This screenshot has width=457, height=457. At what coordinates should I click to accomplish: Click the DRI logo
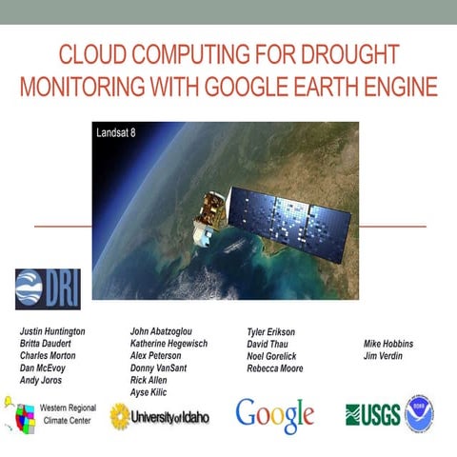(47, 288)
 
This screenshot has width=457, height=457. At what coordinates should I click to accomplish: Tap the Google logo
(275, 414)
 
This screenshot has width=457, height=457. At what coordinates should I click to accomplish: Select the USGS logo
(372, 414)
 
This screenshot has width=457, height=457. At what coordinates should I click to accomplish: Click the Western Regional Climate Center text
(67, 413)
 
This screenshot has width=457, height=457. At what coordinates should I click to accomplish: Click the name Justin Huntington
(53, 331)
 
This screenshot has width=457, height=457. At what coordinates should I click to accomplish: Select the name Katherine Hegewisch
(175, 344)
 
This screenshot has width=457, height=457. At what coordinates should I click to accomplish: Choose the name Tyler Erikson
(271, 331)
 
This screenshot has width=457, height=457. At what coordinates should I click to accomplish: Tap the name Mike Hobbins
(388, 344)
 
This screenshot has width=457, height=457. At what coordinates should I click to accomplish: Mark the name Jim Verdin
(384, 356)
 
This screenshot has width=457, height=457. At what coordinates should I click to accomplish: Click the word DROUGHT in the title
(346, 55)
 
